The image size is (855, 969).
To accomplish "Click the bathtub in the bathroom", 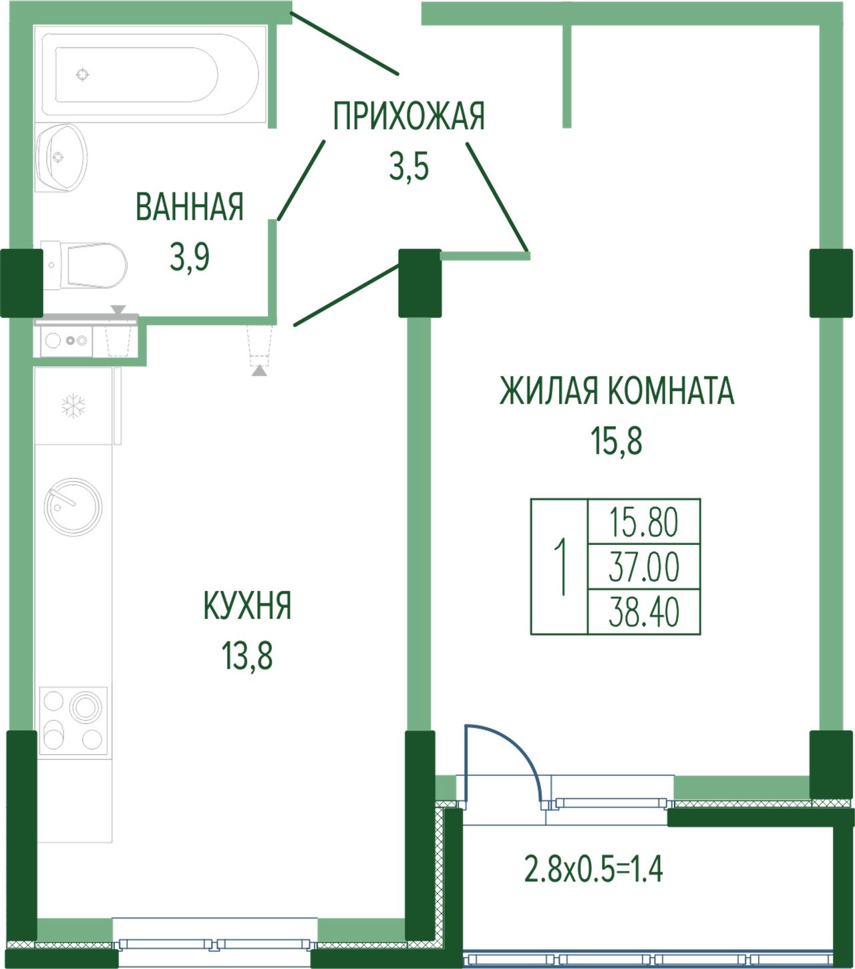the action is click(150, 74).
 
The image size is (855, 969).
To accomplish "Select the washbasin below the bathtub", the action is click(61, 158).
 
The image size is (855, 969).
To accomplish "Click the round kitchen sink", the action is click(73, 506).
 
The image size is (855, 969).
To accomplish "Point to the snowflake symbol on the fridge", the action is click(73, 405).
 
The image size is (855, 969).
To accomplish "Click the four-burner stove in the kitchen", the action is click(73, 721).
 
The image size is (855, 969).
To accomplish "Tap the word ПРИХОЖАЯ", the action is click(409, 116).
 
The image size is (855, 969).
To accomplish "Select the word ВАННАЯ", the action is click(190, 206).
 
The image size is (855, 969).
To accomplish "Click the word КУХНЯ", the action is click(247, 605).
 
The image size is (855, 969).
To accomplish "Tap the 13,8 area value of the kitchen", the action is click(247, 656).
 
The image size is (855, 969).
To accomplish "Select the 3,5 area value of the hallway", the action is click(409, 167).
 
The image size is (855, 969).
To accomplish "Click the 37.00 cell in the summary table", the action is click(643, 567).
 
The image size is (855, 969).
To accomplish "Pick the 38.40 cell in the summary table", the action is click(643, 612).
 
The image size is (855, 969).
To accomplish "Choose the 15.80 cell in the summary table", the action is click(643, 522).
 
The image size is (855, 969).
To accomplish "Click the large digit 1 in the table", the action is click(560, 567).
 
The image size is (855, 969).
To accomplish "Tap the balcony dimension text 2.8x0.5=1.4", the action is click(594, 869).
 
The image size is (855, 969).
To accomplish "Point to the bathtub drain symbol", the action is click(82, 74).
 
